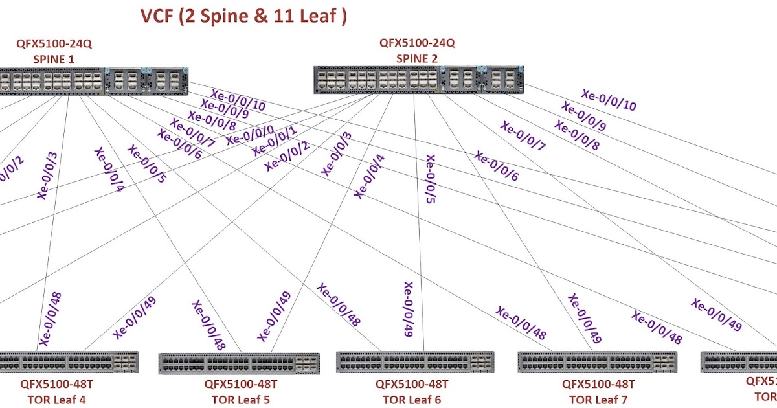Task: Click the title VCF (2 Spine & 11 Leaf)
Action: (243, 16)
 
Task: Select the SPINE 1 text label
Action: (54, 59)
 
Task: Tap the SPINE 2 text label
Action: (417, 59)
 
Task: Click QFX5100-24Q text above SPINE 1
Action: (54, 44)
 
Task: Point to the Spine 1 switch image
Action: (91, 81)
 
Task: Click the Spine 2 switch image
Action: (419, 80)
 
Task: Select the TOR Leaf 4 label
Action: (56, 399)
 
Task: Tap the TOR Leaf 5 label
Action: (240, 399)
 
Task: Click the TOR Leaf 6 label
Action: (412, 399)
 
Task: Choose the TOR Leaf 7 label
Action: (598, 399)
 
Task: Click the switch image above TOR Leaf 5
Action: (239, 363)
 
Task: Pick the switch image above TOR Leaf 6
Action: (417, 362)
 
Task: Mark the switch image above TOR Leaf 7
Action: (598, 362)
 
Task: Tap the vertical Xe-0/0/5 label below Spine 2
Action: (430, 179)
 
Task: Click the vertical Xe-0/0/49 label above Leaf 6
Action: (408, 310)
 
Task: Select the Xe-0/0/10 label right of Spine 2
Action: (609, 100)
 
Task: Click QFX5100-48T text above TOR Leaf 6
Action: (412, 384)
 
